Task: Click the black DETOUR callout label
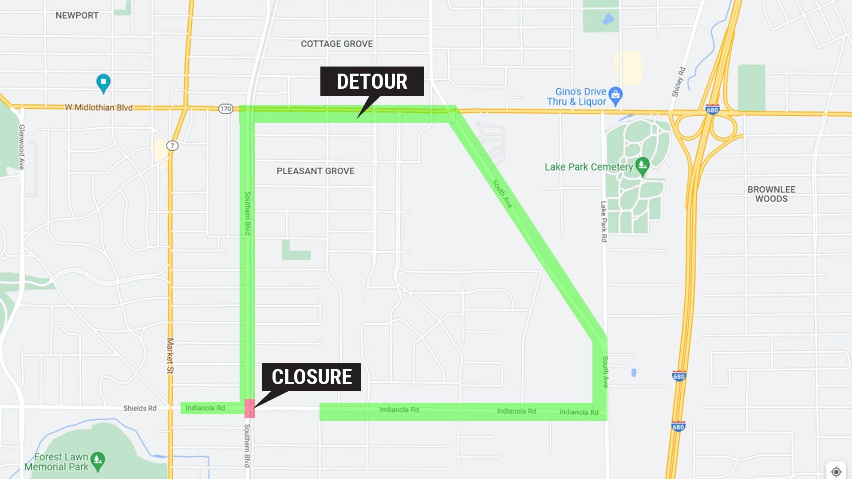coord(372,81)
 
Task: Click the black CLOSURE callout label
coord(312,377)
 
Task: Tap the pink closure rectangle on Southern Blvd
coord(249,408)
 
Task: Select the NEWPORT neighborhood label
coord(77,16)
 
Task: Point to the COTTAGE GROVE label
coord(337,44)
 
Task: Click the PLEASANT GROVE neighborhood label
coord(316,171)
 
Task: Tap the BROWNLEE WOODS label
coord(771,194)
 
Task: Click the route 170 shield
coord(226,109)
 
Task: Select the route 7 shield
coord(173,145)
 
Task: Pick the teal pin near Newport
coord(103,83)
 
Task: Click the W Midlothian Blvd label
coord(99,107)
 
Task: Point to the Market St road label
coord(170,356)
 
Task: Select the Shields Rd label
coord(140,408)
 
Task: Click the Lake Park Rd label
coord(603,221)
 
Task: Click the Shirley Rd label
coord(678,82)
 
